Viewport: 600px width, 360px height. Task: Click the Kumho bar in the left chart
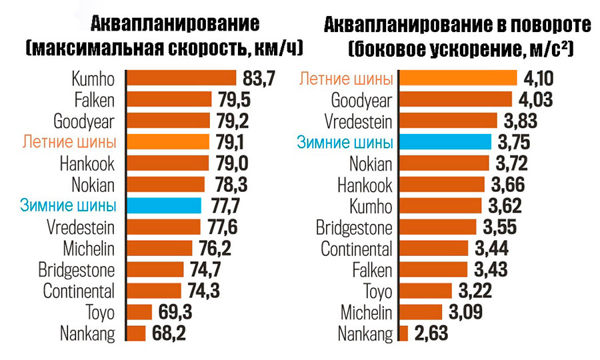tap(181, 79)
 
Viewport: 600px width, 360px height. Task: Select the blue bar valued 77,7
tap(163, 205)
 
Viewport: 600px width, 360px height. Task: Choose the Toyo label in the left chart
tap(100, 311)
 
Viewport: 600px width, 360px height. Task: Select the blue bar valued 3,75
tap(444, 142)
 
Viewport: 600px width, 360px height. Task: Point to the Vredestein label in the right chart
tap(359, 121)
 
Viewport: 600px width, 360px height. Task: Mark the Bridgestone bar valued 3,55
tap(438, 227)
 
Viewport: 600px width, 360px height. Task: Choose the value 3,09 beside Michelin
tap(464, 311)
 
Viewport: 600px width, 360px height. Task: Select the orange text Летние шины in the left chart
tap(69, 141)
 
